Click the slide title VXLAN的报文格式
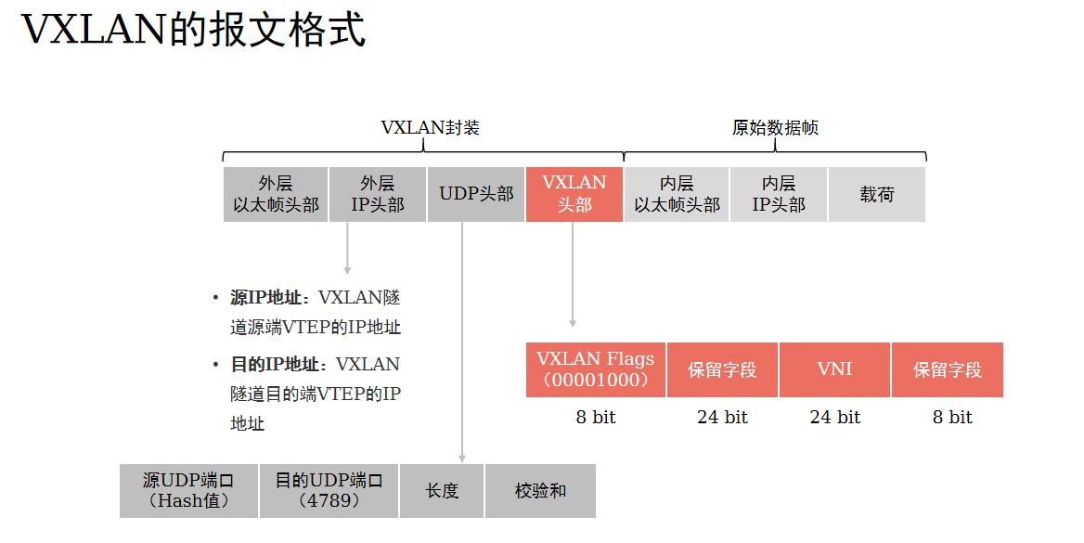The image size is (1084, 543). point(193,30)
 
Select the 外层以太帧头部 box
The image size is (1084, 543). point(276,194)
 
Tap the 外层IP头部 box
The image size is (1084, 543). point(378,194)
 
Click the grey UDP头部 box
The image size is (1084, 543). point(476,194)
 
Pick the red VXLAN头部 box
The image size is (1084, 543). point(574,194)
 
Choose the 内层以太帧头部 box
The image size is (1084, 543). point(677,194)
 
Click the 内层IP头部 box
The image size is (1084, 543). point(779,194)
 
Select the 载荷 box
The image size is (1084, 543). point(877,194)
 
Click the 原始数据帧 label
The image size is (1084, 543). point(775,128)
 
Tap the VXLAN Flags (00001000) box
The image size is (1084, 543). point(596,369)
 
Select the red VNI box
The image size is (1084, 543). point(834,369)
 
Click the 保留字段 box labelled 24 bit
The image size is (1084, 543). point(722,369)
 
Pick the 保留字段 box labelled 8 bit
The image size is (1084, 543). point(948,369)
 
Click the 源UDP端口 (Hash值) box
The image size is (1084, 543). point(188,491)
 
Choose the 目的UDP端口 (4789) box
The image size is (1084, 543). point(329,491)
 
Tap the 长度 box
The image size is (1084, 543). point(442,491)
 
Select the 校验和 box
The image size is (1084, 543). point(540,491)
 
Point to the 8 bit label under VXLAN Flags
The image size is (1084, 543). point(596,418)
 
